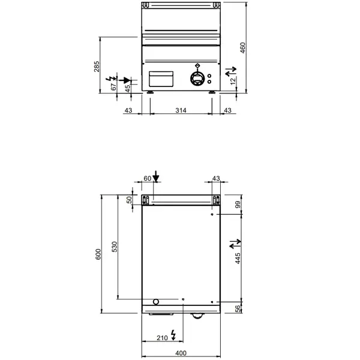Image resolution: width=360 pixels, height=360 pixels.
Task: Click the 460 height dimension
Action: click(242, 48)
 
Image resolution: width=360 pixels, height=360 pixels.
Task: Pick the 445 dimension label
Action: click(238, 259)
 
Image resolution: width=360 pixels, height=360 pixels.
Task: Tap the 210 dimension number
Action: click(162, 338)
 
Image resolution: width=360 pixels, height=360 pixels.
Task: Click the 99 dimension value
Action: click(238, 205)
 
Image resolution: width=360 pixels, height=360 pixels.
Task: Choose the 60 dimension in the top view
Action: click(148, 178)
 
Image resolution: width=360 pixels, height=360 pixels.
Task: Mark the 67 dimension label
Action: click(113, 87)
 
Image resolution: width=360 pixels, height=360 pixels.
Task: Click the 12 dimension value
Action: click(233, 81)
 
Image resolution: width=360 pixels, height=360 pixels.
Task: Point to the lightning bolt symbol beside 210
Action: click(174, 334)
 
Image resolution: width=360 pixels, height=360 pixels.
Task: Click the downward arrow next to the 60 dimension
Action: click(156, 176)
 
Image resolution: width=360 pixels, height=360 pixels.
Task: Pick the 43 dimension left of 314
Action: click(128, 110)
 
